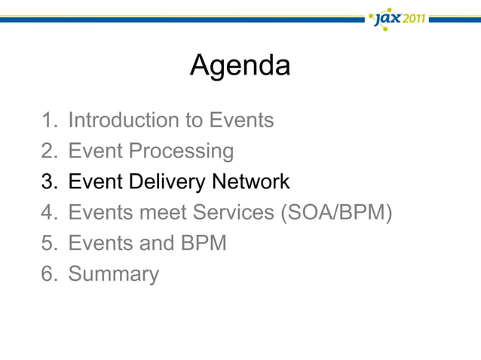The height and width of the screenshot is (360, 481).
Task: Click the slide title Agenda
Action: pos(240,66)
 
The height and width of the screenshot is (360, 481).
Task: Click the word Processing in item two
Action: pos(181,151)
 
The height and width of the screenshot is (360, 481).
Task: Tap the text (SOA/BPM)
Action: pos(337,213)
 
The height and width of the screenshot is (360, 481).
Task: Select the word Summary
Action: pos(113,274)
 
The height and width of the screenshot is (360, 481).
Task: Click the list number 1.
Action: pos(47,120)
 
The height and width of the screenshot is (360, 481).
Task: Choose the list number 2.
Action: pos(47,151)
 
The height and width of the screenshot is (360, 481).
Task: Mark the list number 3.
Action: pos(47,182)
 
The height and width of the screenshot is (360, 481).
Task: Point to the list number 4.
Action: pos(47,213)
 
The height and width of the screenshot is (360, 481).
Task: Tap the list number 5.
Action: pos(47,244)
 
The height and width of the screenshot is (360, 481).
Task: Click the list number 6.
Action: pos(47,274)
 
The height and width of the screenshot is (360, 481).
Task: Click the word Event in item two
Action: pos(96,151)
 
